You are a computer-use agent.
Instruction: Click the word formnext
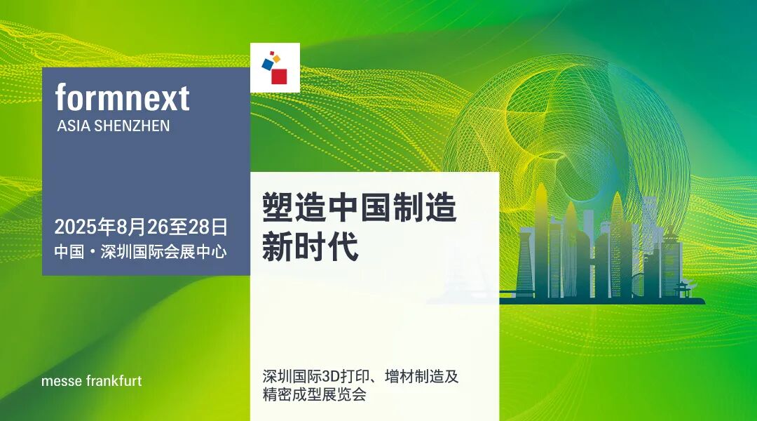[x=122, y=98]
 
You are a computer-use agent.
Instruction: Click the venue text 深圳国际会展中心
[x=163, y=251]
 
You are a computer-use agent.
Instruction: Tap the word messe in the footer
[x=61, y=382]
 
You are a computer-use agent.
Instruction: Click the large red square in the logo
[x=279, y=76]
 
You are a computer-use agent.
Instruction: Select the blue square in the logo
[x=267, y=63]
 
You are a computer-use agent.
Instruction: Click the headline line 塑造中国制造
[x=359, y=208]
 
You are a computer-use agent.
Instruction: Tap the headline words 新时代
[x=310, y=247]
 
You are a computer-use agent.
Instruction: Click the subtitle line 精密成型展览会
[x=314, y=394]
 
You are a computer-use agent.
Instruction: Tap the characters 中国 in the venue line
[x=69, y=251]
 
